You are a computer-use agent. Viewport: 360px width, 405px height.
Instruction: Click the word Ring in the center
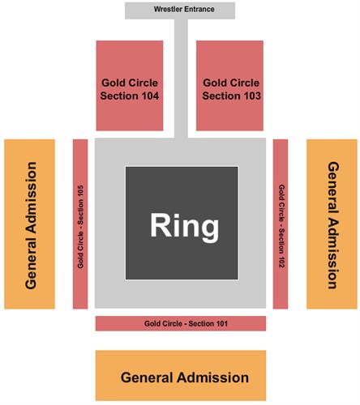click(184, 226)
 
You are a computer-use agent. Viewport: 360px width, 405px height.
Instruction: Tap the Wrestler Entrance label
click(184, 9)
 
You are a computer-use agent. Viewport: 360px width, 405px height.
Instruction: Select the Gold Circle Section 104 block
click(130, 86)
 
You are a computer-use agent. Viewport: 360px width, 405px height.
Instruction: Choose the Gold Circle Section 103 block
click(229, 86)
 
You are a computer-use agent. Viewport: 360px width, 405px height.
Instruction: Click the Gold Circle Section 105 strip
click(80, 224)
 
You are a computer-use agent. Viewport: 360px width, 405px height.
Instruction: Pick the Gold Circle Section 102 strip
click(281, 224)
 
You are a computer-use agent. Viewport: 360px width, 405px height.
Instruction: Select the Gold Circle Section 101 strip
click(181, 323)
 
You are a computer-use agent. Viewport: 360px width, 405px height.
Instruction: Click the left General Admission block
click(29, 224)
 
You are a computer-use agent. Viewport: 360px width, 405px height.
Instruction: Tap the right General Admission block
click(332, 224)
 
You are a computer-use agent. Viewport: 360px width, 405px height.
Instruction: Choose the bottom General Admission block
click(181, 375)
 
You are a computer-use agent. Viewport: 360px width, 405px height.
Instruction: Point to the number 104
click(148, 96)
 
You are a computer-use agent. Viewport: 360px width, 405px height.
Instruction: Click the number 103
click(250, 96)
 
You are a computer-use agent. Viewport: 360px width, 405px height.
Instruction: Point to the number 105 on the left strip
click(80, 191)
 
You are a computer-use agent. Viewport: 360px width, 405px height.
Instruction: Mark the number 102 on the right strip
click(281, 262)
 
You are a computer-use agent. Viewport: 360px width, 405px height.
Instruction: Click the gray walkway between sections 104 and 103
click(181, 79)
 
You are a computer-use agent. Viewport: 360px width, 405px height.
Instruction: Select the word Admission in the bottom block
click(212, 377)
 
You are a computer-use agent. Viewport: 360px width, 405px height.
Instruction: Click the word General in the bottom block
click(147, 377)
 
